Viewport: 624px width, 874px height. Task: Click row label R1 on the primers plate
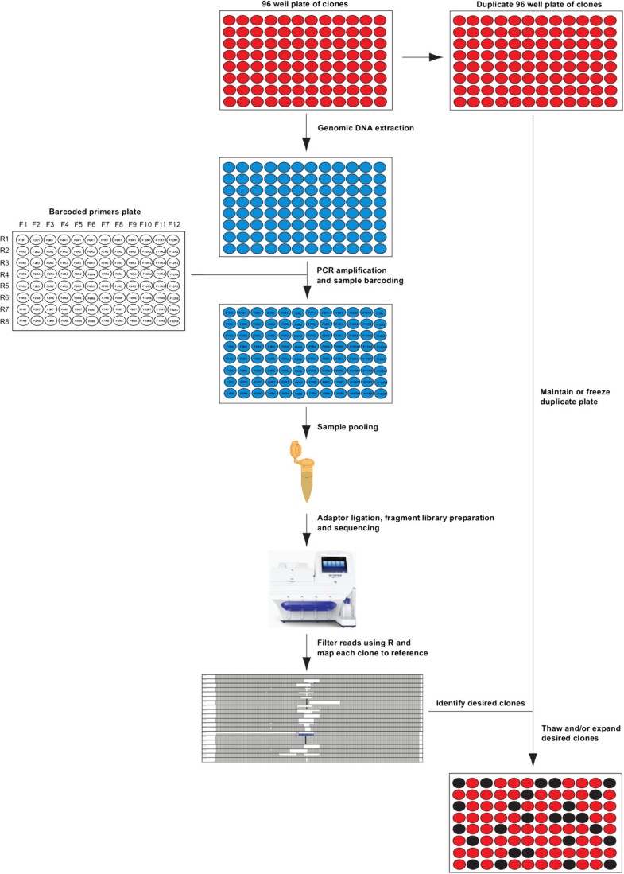click(5, 239)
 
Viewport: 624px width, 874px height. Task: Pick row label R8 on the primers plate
click(5, 321)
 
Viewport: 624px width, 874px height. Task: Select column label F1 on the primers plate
click(23, 225)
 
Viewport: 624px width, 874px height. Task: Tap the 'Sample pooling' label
click(347, 427)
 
